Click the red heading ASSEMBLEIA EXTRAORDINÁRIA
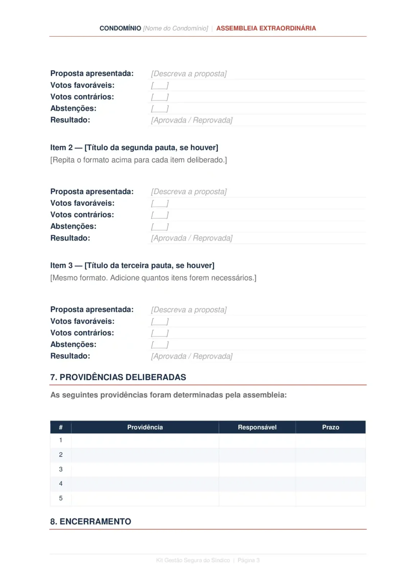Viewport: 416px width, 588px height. tap(266, 28)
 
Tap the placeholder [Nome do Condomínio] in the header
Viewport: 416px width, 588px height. tap(175, 28)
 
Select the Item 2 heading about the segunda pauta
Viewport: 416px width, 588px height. tap(134, 148)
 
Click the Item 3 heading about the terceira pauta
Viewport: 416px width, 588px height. tap(132, 266)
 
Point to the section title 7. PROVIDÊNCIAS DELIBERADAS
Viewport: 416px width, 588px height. tap(118, 377)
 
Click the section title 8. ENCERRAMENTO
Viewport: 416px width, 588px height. tap(90, 522)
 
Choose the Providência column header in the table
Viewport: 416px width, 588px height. tap(145, 427)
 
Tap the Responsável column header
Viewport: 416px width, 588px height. tap(257, 427)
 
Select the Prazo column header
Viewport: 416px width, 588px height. tap(331, 427)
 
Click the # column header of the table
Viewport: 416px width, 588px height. tap(61, 427)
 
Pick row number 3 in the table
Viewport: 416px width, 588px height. tap(61, 469)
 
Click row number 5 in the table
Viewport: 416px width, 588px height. tap(61, 498)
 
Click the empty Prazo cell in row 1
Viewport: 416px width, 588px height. tap(331, 441)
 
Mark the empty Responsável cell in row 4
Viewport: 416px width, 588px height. tap(257, 484)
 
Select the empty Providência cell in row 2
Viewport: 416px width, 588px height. tap(145, 455)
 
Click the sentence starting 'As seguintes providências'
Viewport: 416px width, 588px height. tap(169, 395)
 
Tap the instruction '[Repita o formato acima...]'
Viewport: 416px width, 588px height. tap(138, 160)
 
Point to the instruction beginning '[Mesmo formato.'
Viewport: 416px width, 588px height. tap(153, 278)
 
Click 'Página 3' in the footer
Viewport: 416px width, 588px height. tap(249, 560)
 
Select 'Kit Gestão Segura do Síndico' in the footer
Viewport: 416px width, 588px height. tap(193, 560)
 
